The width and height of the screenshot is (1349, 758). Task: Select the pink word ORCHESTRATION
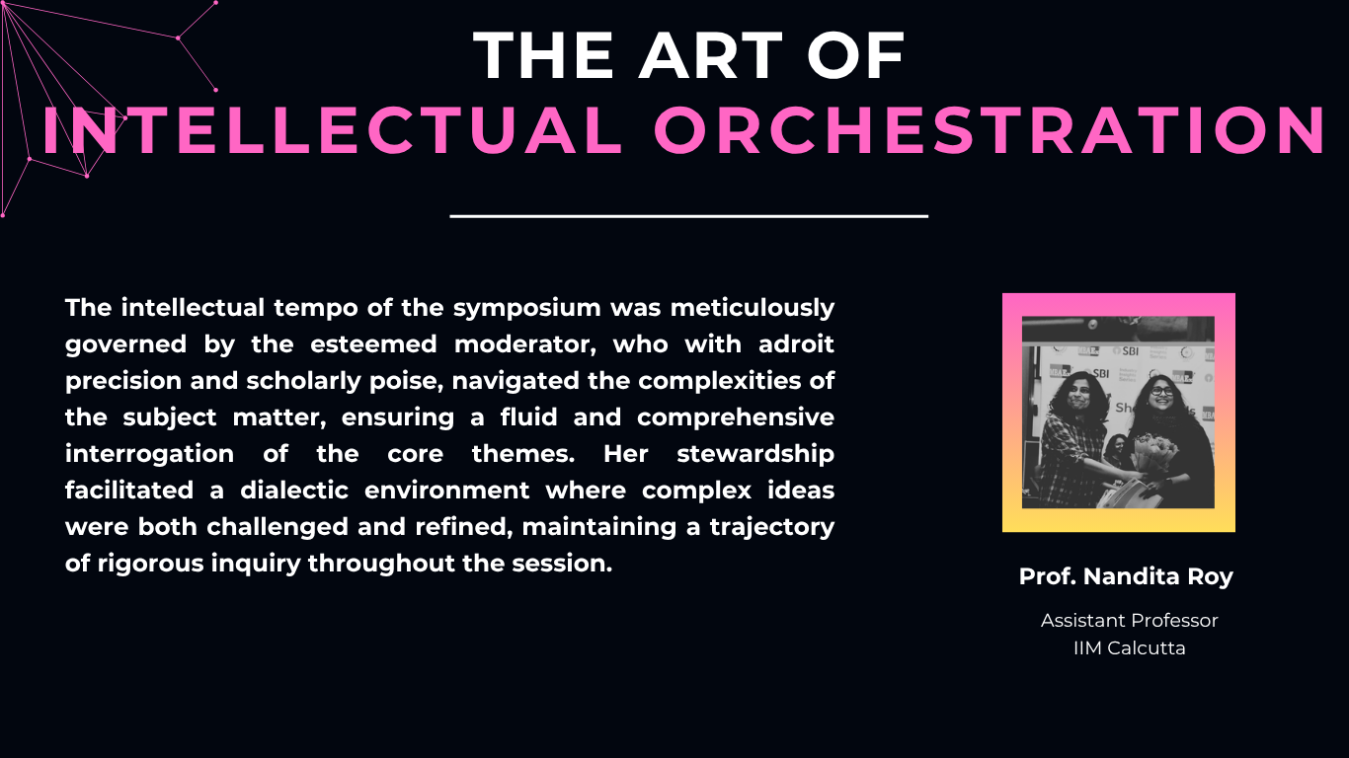[x=991, y=130]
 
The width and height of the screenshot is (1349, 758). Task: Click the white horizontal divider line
[x=689, y=216]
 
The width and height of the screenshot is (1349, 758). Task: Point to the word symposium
[x=527, y=309]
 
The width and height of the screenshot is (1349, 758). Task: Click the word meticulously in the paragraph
[x=753, y=309]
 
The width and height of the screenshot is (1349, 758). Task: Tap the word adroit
[x=796, y=344]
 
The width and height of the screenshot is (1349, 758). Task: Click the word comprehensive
[x=736, y=417]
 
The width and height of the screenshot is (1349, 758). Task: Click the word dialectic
[x=294, y=491]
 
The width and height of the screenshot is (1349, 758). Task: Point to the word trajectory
[x=772, y=527]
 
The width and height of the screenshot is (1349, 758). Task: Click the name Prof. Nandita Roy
[x=1126, y=576]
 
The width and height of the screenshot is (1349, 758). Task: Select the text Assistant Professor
[x=1129, y=620]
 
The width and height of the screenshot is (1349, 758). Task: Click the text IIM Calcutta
[x=1129, y=648]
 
